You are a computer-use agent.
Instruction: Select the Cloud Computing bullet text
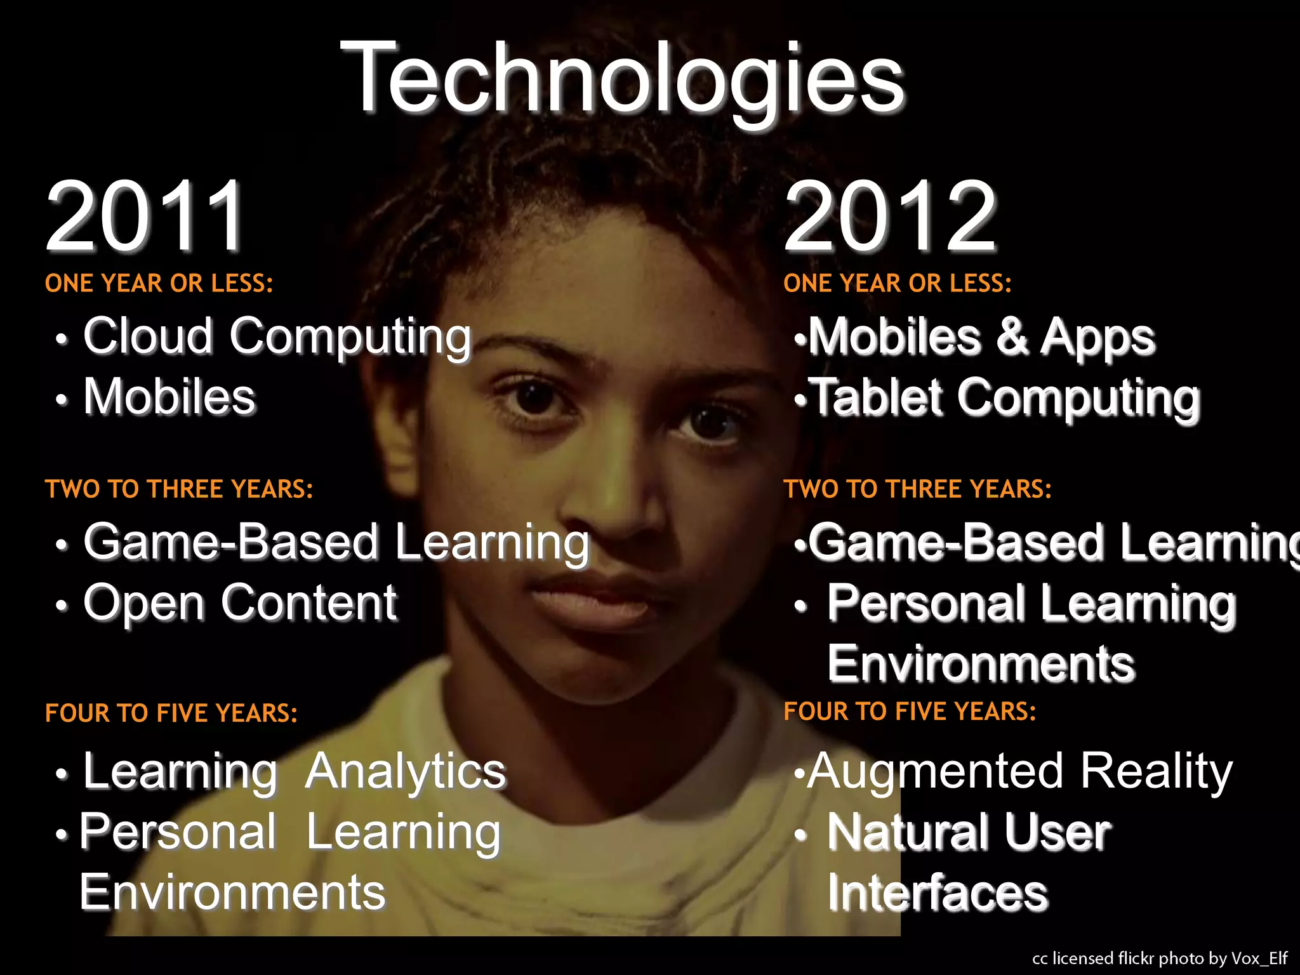point(277,336)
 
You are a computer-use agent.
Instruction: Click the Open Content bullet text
point(240,603)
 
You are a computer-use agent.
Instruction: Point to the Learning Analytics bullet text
point(294,771)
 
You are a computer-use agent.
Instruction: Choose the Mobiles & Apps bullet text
point(981,336)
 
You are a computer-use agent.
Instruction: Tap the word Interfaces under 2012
point(937,892)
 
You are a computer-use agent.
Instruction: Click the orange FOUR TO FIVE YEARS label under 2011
point(171,713)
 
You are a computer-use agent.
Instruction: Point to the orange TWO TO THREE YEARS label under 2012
point(917,489)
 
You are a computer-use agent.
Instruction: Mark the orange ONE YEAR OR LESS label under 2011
point(159,283)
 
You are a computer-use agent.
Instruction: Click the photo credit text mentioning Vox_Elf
point(1159,958)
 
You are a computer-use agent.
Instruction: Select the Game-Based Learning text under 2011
point(336,543)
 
